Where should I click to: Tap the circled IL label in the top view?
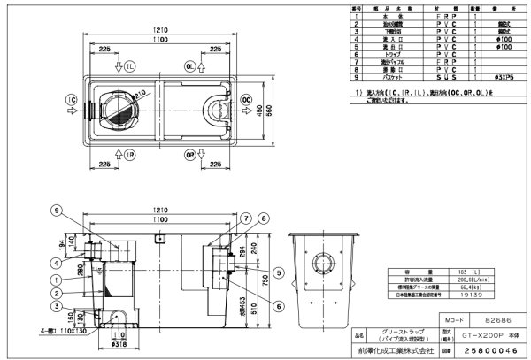(128, 66)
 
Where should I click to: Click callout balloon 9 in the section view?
(55, 210)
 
